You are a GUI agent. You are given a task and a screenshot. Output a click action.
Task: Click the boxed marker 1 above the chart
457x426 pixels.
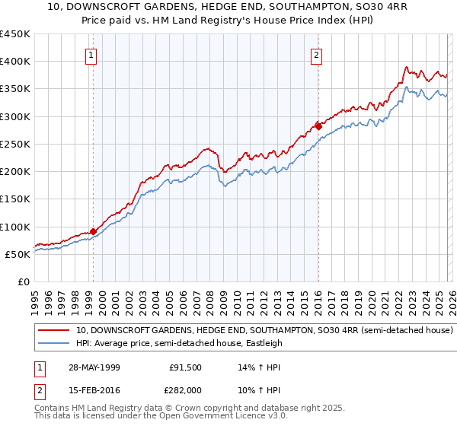(91, 55)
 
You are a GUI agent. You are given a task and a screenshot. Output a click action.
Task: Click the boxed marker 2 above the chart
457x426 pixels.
(316, 55)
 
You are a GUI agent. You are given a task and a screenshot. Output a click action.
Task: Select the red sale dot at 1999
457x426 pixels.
(93, 231)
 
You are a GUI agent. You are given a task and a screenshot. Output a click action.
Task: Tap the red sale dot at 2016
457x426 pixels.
(318, 126)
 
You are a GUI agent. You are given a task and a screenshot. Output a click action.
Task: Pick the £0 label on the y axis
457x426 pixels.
(23, 281)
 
